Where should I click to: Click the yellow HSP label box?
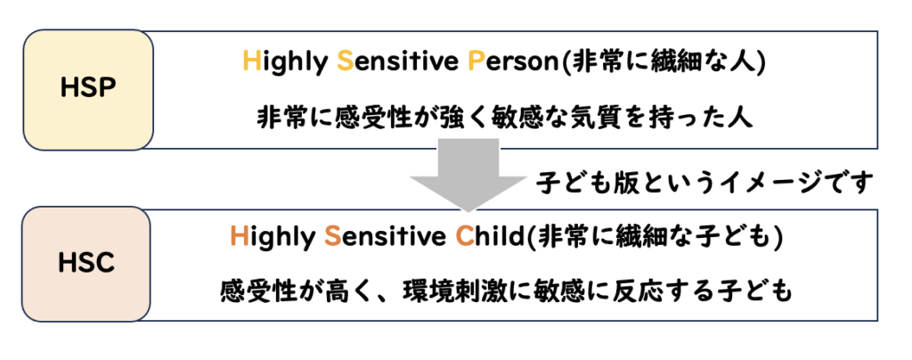(88, 90)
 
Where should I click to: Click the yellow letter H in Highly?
(251, 61)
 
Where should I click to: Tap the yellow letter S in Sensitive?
(345, 61)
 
